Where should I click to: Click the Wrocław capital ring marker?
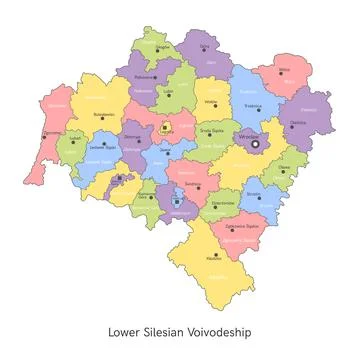(255, 144)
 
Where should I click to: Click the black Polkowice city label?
(144, 76)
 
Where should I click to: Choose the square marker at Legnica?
(165, 127)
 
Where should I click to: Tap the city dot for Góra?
(205, 50)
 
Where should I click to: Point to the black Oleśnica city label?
(298, 123)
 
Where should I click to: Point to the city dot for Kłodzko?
(214, 252)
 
